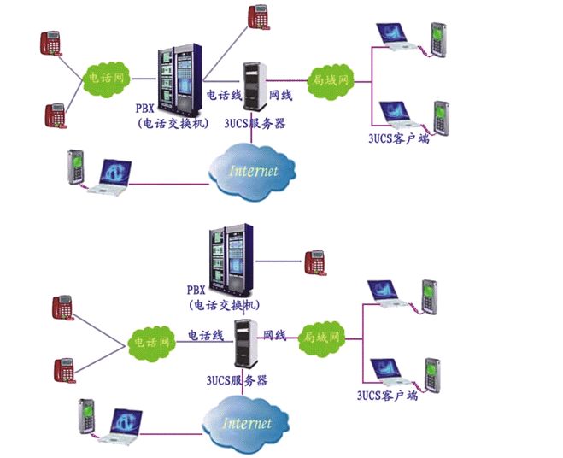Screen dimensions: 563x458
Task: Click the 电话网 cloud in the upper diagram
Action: (106, 79)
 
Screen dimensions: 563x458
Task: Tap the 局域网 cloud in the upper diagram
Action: (331, 81)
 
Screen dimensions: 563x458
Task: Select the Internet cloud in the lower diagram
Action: (246, 424)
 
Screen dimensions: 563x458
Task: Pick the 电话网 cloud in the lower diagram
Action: (152, 343)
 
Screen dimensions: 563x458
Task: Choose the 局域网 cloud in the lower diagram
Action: (322, 338)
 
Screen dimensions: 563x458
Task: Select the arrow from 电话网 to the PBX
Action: (144, 79)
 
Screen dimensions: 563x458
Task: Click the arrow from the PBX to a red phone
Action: (279, 261)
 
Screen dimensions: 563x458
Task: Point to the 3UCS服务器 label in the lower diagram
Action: (237, 380)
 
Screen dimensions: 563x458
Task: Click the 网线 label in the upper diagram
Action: (281, 95)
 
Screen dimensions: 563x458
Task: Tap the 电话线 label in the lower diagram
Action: (206, 335)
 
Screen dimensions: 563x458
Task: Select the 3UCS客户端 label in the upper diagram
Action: (399, 138)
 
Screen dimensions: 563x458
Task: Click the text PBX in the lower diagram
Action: (196, 290)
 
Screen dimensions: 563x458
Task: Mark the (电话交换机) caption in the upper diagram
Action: (173, 124)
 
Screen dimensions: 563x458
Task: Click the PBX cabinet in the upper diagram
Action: (179, 77)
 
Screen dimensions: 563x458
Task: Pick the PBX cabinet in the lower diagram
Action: (232, 258)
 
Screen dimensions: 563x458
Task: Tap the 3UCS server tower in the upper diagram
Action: (255, 86)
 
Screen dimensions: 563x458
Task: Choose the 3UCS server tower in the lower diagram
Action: (246, 343)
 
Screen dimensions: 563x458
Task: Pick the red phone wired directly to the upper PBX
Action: (259, 17)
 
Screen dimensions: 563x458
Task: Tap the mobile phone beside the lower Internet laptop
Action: (86, 416)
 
